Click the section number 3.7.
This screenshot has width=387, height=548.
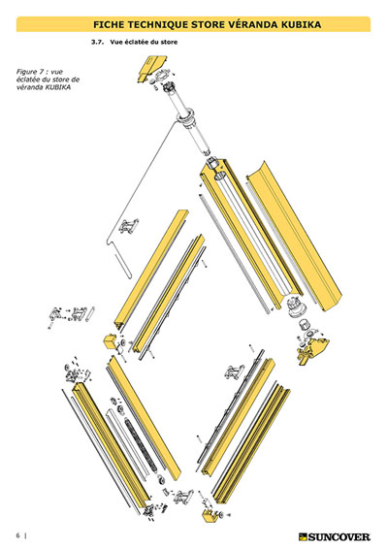98,42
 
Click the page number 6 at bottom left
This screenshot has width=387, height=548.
17,535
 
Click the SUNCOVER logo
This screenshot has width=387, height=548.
335,536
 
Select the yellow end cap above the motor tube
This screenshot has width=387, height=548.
150,68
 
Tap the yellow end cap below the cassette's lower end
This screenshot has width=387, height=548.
314,350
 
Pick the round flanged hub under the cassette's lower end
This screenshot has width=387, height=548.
297,306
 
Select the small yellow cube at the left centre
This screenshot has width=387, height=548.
111,340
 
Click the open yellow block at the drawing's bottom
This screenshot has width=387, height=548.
210,515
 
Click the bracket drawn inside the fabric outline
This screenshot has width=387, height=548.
129,226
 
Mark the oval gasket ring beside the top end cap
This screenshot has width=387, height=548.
162,75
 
